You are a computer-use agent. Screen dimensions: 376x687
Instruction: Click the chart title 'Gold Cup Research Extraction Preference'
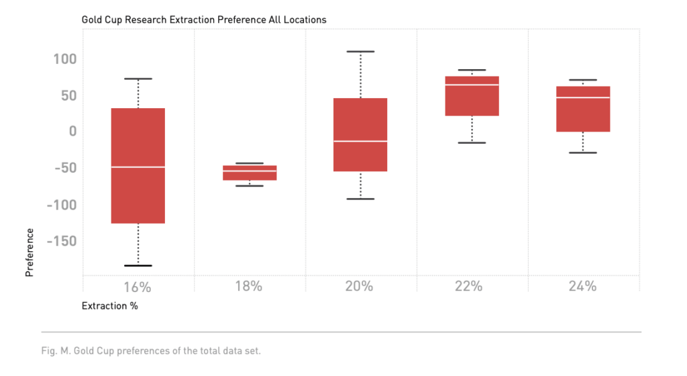click(x=204, y=19)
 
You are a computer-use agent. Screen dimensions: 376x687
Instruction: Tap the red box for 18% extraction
click(x=250, y=173)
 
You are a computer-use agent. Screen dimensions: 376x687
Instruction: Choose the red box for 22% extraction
click(x=472, y=96)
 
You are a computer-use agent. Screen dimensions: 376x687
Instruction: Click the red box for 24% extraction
click(x=583, y=109)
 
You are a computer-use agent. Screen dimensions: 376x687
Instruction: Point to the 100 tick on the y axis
click(x=65, y=59)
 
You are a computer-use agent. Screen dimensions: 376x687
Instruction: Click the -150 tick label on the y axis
click(x=62, y=241)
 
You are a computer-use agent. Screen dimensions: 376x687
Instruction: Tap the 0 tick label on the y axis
click(x=73, y=131)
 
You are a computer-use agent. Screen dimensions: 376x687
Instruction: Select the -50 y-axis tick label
click(x=65, y=167)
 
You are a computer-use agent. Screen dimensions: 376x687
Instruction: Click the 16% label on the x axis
click(x=138, y=287)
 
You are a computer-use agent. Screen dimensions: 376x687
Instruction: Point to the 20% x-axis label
click(x=360, y=287)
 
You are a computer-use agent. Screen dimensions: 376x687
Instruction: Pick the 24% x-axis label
click(x=582, y=287)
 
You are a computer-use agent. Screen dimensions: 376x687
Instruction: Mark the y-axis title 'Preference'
click(x=30, y=252)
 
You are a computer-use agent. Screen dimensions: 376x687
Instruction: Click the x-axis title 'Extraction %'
click(x=109, y=306)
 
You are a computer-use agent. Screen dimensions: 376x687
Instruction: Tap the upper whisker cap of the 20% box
click(x=361, y=51)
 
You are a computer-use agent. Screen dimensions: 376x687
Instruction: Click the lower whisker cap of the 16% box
click(x=138, y=265)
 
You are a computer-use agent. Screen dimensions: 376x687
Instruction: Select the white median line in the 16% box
click(x=138, y=167)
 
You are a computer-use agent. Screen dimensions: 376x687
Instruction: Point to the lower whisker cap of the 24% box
click(x=583, y=152)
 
